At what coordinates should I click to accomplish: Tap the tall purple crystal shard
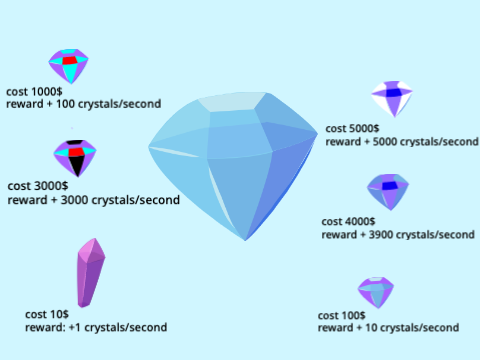91,273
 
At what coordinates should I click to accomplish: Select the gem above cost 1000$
69,66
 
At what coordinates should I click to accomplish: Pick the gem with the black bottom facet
75,158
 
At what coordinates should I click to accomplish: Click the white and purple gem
392,99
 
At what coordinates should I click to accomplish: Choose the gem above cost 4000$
388,192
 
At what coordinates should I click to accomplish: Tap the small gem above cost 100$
376,292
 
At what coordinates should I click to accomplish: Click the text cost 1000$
34,91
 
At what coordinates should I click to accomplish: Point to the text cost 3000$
38,186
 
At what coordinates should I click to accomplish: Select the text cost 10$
47,314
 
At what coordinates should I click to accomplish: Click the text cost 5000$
352,128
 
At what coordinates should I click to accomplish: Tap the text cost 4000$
348,221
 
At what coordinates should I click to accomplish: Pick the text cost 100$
342,315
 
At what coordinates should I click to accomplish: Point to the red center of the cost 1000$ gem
70,60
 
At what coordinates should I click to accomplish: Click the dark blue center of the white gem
394,92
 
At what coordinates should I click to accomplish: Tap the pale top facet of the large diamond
232,102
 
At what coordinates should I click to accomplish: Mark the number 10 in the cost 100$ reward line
371,328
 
